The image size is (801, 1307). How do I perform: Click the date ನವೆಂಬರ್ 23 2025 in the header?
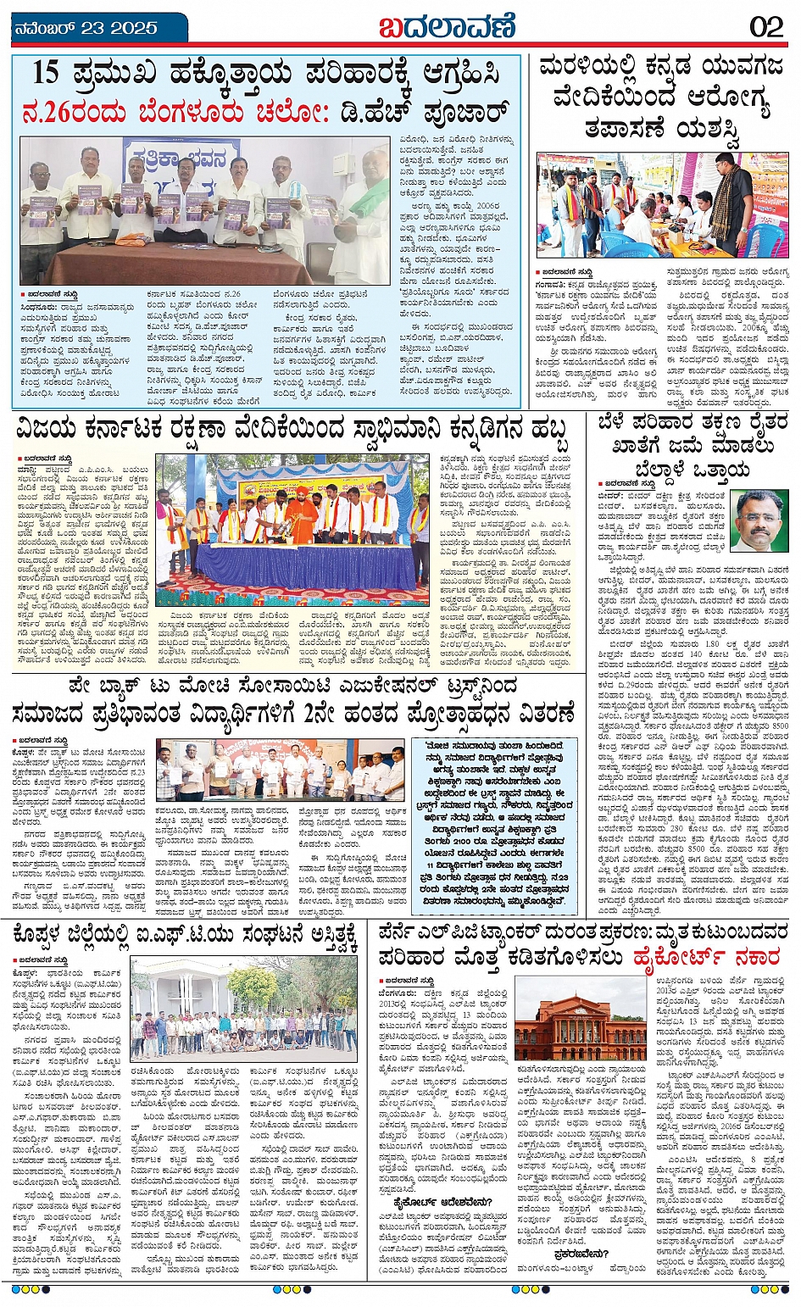point(86,28)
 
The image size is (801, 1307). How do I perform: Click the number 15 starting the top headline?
point(46,74)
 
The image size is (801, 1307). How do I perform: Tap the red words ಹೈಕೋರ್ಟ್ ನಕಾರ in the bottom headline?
point(705,958)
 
